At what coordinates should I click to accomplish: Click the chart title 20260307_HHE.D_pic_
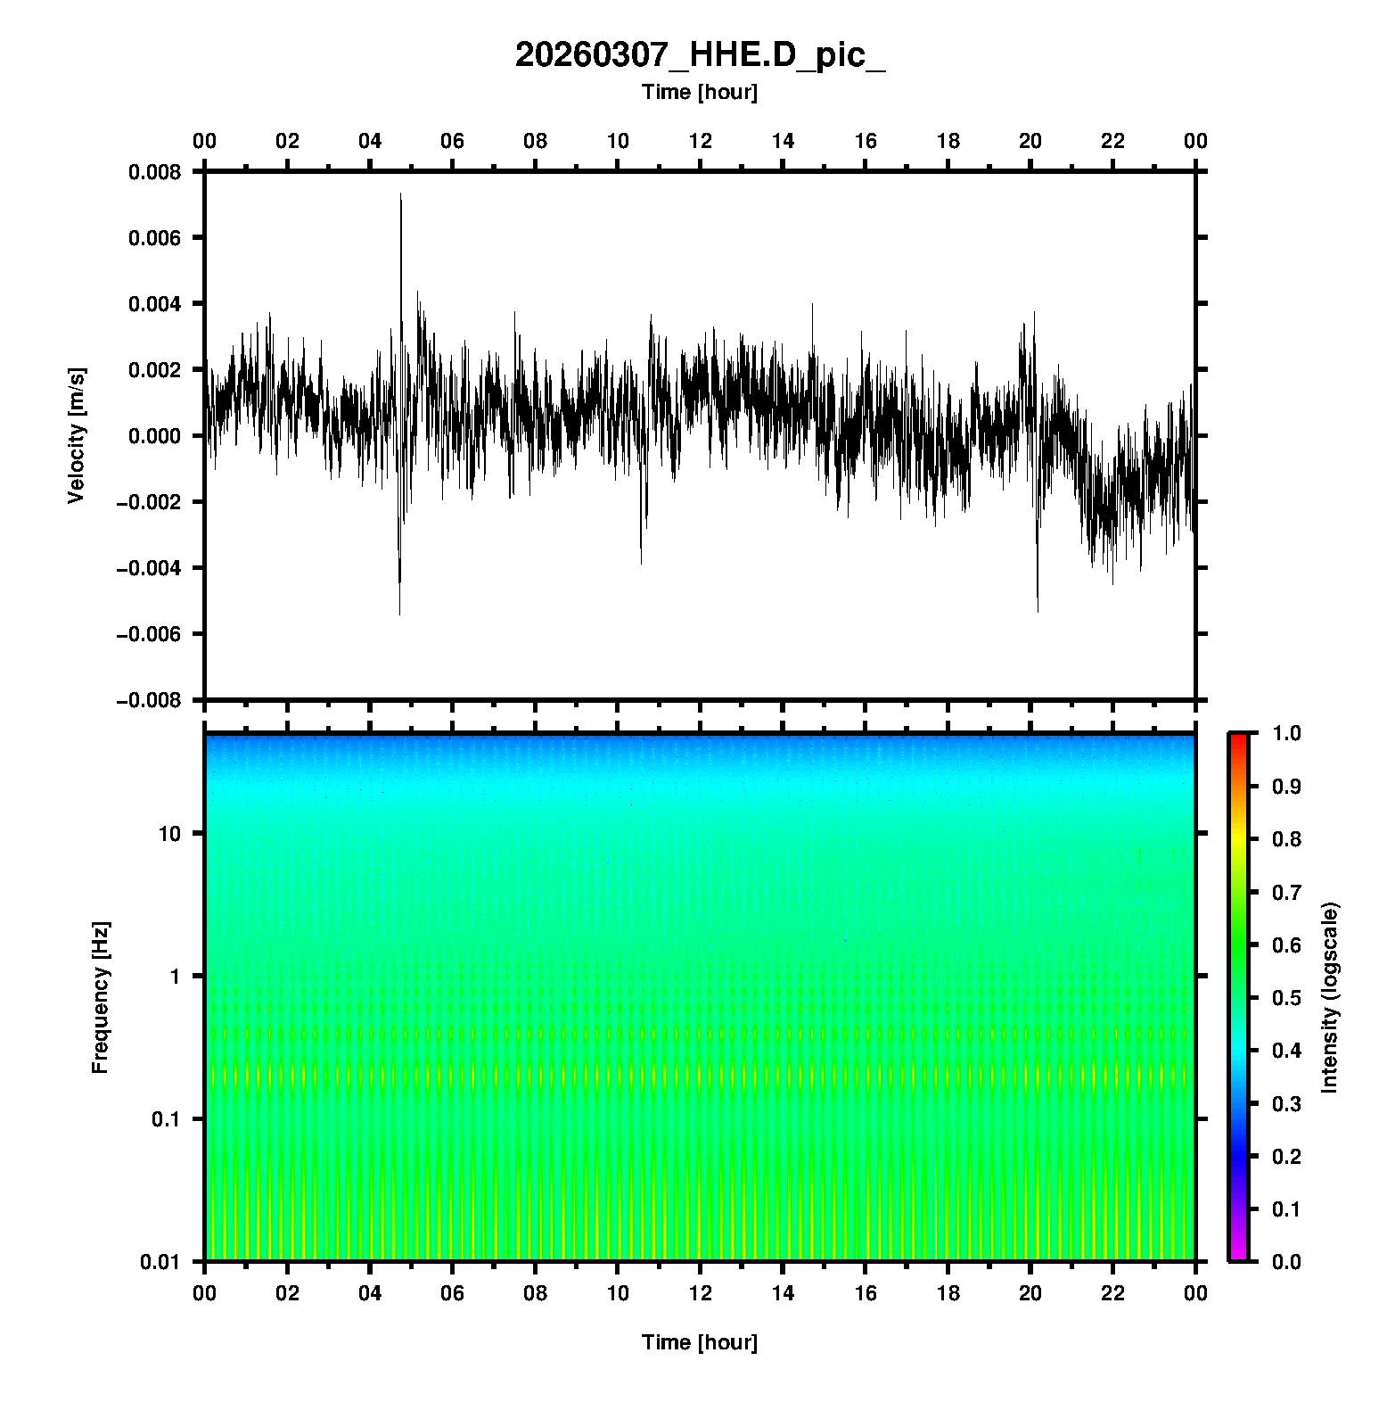[x=700, y=55]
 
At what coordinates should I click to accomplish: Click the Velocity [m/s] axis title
[x=77, y=435]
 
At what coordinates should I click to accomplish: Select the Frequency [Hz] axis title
[x=100, y=998]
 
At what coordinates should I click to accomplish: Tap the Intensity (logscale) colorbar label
[x=1330, y=998]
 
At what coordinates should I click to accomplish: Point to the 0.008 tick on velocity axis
[x=154, y=172]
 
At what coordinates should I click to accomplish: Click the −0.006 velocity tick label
[x=149, y=634]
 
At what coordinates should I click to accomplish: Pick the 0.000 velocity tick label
[x=154, y=436]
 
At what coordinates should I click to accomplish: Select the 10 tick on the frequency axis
[x=168, y=834]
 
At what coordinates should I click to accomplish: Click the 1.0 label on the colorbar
[x=1286, y=733]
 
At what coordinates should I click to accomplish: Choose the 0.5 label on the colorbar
[x=1286, y=997]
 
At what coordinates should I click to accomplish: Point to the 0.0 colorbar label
[x=1286, y=1261]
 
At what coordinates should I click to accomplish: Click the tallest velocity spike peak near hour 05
[x=401, y=194]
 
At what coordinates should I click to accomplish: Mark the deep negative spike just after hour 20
[x=1038, y=611]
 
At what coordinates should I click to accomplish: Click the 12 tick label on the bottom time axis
[x=700, y=1293]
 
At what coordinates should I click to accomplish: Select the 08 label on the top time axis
[x=535, y=141]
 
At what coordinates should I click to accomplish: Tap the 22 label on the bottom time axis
[x=1112, y=1293]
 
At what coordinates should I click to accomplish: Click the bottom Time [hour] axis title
[x=700, y=1342]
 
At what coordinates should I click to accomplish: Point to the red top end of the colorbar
[x=1238, y=738]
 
